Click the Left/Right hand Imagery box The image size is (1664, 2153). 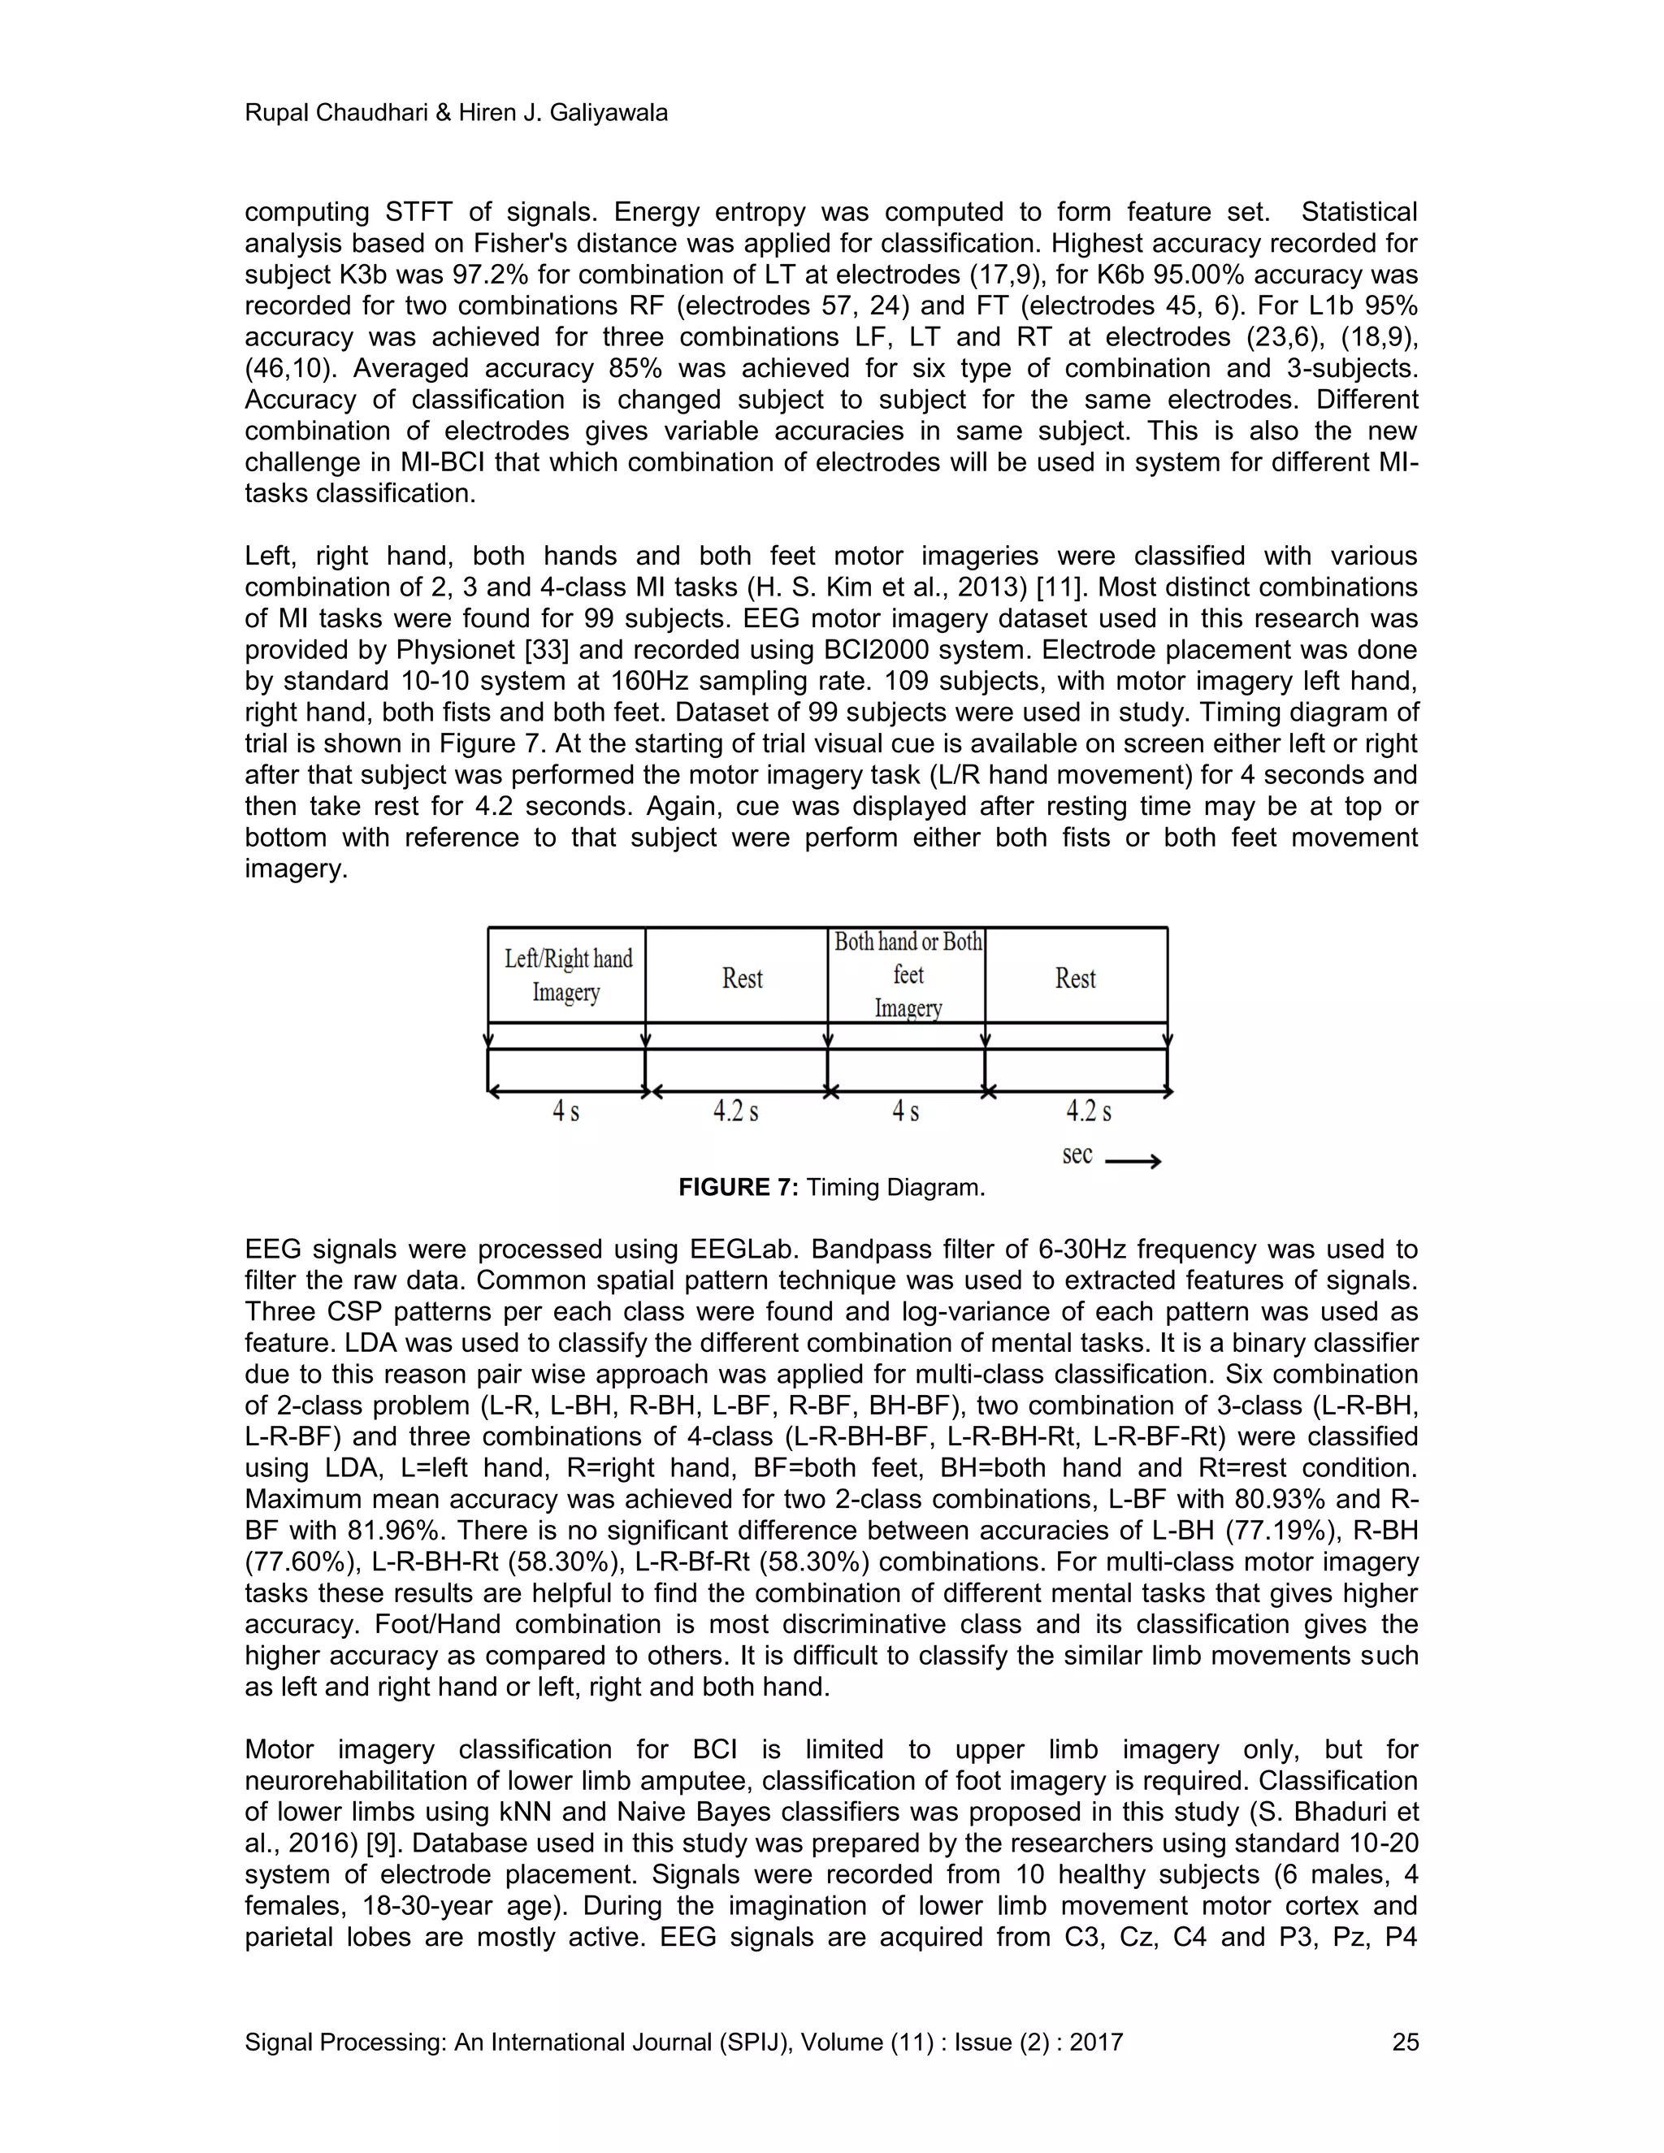[567, 974]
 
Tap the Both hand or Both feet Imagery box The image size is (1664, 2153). [907, 974]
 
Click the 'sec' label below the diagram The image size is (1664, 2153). [1077, 1154]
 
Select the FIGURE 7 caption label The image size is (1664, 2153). [738, 1188]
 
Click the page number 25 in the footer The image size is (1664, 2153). [1405, 2042]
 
